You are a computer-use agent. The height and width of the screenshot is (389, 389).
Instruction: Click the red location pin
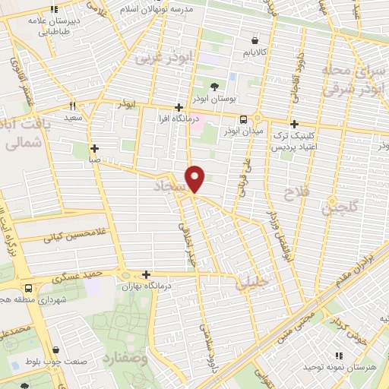point(196,178)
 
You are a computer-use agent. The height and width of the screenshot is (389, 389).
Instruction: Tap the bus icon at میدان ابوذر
point(243,119)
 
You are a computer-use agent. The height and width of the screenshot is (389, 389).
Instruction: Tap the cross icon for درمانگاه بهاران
point(146,274)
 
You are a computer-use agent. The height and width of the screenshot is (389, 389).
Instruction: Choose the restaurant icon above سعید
point(74,106)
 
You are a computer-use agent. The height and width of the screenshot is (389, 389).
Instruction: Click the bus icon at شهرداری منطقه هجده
point(28,289)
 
